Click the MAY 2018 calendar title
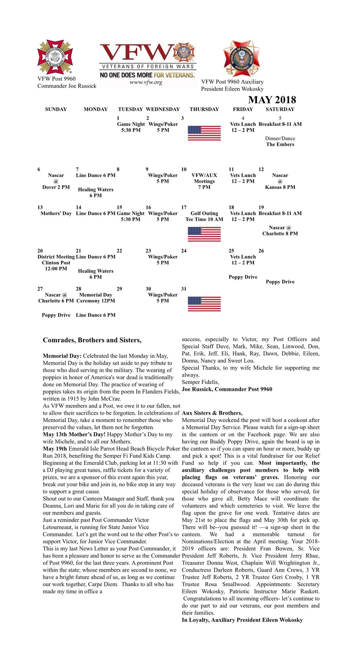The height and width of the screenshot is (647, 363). [x=272, y=100]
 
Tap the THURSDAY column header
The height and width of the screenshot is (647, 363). [x=204, y=109]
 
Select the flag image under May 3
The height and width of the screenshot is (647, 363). [x=204, y=133]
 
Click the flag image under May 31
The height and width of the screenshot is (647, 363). [x=204, y=304]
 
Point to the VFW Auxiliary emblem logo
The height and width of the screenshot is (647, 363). [x=241, y=58]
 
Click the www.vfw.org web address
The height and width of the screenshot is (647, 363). [x=146, y=82]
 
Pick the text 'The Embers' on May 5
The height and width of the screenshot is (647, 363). [x=280, y=144]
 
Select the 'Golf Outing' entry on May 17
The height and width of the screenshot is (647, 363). [x=204, y=214]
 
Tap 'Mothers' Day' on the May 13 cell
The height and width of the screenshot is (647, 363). [x=56, y=214]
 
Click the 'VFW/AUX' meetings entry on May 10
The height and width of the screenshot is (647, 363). [x=204, y=175]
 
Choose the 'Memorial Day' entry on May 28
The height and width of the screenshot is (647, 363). [x=96, y=295]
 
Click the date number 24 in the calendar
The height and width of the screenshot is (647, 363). [x=184, y=251]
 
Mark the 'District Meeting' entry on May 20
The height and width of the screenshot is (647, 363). [x=56, y=257]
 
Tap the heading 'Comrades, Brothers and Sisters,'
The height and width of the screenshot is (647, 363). [x=92, y=340]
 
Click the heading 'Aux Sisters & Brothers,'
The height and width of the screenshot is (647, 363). [x=212, y=413]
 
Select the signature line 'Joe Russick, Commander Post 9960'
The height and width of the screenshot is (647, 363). [x=227, y=389]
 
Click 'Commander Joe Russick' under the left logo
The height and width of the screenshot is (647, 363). [x=67, y=86]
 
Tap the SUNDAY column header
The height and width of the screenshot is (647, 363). [x=56, y=109]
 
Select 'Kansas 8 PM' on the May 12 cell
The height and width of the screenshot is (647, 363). [x=280, y=187]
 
